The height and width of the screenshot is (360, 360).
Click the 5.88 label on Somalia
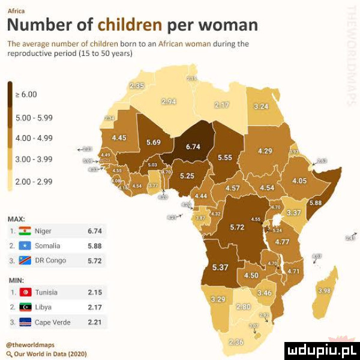pyautogui.click(x=315, y=203)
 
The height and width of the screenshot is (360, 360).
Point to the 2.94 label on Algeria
pyautogui.click(x=169, y=103)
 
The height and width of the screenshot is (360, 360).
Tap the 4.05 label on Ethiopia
pyautogui.click(x=299, y=181)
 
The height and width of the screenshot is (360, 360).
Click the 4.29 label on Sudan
pyautogui.click(x=265, y=151)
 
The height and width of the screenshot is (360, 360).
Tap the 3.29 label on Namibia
pyautogui.click(x=219, y=298)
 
